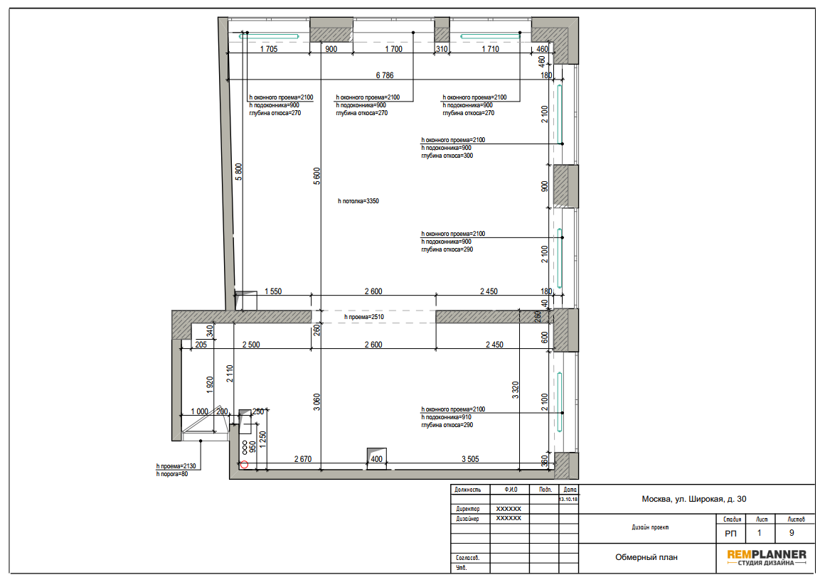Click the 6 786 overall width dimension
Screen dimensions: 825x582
(x=385, y=75)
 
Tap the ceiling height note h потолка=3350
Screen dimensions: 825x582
(x=358, y=201)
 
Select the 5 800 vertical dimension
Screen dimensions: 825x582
(x=238, y=172)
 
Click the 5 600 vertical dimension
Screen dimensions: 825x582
(x=316, y=176)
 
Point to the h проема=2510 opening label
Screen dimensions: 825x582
(x=364, y=317)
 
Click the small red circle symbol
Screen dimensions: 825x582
(x=244, y=465)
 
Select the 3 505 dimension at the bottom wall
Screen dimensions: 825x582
(x=470, y=459)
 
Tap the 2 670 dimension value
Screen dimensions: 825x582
(x=302, y=459)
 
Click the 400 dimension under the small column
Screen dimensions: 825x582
(x=377, y=459)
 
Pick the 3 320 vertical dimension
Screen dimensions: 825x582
(x=515, y=390)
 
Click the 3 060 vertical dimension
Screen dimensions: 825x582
(x=316, y=402)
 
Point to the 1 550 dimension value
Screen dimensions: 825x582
(x=273, y=291)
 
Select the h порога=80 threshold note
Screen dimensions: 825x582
(x=172, y=474)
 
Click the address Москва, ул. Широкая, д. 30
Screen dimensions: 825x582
(x=694, y=499)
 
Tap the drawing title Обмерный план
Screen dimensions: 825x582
(x=646, y=557)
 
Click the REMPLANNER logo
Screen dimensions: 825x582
(x=767, y=557)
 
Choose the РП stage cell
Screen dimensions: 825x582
(x=731, y=534)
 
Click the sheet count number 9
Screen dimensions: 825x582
(x=792, y=533)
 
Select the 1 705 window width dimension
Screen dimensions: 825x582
(x=268, y=49)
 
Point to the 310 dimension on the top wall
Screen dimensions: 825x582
(x=442, y=49)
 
